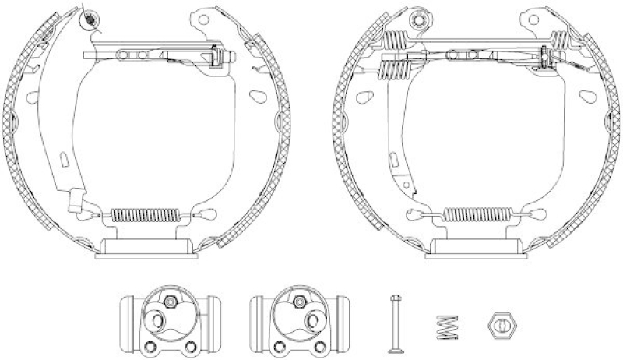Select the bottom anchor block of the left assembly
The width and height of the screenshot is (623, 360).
point(145,248)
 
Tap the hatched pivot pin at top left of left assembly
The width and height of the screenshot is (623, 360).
point(92,17)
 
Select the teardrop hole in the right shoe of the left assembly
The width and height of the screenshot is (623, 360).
point(256,97)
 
